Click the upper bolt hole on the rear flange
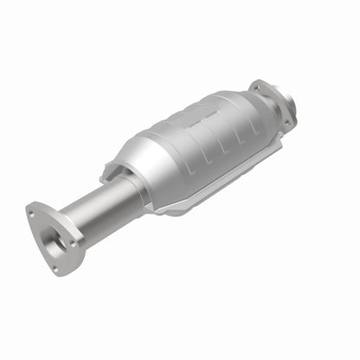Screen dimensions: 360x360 coord(257,86)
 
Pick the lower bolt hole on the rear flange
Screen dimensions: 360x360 coord(284,119)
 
